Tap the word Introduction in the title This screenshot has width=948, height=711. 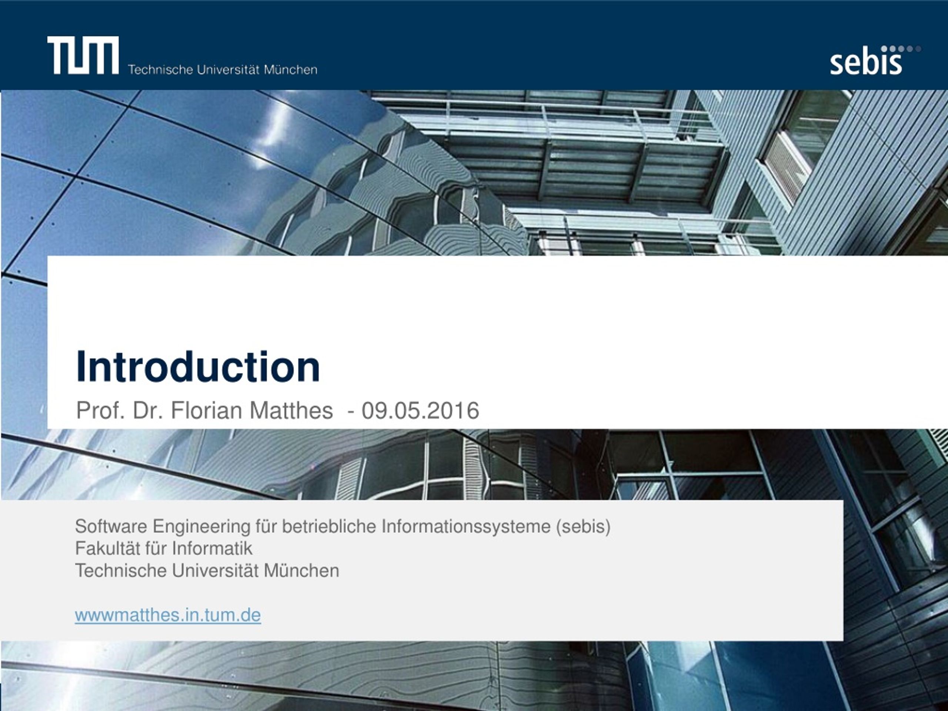coord(198,367)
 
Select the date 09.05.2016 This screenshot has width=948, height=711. coord(420,410)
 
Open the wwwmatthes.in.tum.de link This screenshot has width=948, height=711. coord(168,615)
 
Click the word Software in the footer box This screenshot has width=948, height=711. coord(111,526)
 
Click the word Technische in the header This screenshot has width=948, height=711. coord(160,69)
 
